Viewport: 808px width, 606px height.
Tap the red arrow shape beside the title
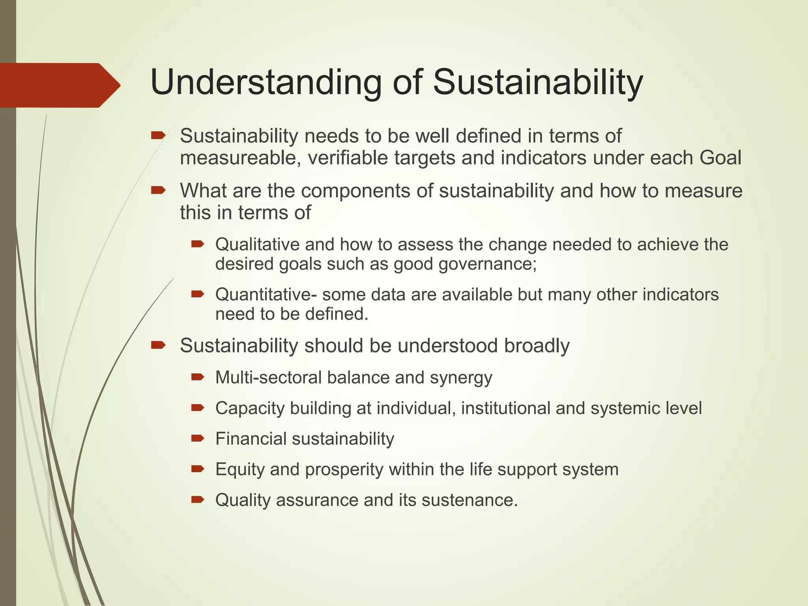[x=59, y=85]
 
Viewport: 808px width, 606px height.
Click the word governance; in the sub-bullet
[x=488, y=264]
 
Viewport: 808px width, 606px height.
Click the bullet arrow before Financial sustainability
[x=197, y=438]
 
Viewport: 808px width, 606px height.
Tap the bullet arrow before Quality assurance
[x=197, y=499]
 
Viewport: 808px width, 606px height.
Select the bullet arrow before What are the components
[x=158, y=191]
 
